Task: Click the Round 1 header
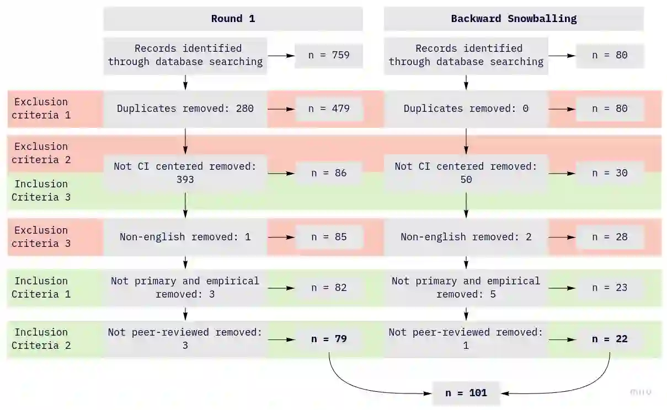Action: click(x=233, y=19)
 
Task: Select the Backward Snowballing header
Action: click(x=514, y=19)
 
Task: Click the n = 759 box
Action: click(x=329, y=55)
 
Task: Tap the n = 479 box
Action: click(x=329, y=109)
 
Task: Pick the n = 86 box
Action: click(x=329, y=173)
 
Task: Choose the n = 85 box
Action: click(x=329, y=237)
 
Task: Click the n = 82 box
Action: click(x=329, y=288)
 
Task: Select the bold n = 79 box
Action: click(x=329, y=339)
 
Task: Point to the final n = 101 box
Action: click(x=466, y=393)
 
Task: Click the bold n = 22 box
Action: click(x=610, y=339)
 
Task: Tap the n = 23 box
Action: click(x=610, y=288)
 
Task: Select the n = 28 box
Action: click(x=610, y=237)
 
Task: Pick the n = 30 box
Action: click(x=610, y=173)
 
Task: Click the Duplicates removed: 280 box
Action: click(x=185, y=109)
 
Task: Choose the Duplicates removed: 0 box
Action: click(x=466, y=109)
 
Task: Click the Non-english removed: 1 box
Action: click(x=185, y=237)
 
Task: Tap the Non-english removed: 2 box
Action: click(x=466, y=237)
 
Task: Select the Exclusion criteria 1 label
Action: click(x=41, y=109)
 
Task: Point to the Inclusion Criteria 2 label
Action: click(x=41, y=339)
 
